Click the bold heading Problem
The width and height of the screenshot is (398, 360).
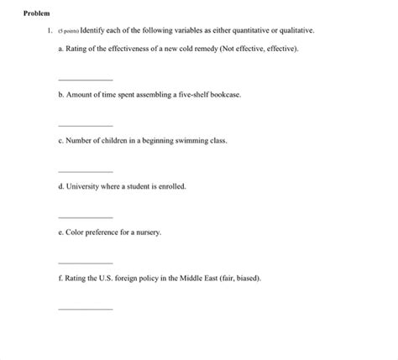[x=37, y=13]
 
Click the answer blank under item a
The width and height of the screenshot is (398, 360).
[x=85, y=80]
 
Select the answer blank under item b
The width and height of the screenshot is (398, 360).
[x=85, y=126]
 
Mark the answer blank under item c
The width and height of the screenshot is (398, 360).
[x=85, y=171]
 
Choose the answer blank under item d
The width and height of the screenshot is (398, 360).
[x=85, y=217]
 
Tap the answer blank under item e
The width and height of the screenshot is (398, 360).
[x=85, y=263]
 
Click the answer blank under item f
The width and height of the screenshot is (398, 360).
[x=85, y=309]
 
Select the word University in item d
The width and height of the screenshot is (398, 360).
[x=85, y=187]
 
